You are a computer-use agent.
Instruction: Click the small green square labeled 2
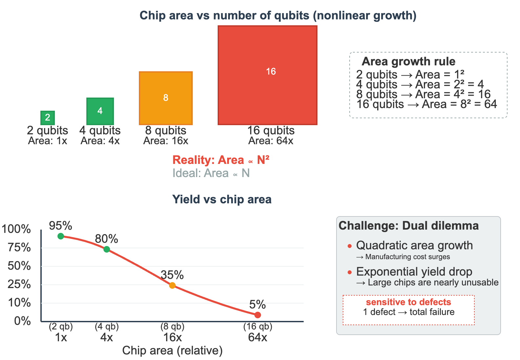48,117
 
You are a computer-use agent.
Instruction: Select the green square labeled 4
100,111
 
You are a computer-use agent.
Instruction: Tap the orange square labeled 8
166,98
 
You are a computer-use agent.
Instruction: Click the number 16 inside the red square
271,72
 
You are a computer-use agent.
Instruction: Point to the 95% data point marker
61,236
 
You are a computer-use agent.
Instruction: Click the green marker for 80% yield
107,249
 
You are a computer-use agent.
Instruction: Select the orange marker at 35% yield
172,285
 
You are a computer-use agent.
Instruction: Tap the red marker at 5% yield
258,315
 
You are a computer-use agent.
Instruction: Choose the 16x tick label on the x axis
172,337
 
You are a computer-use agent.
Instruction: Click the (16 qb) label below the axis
258,327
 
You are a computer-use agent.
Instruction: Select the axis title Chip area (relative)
172,350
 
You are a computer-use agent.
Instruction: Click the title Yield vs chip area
222,199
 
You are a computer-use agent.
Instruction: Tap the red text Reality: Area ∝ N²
221,160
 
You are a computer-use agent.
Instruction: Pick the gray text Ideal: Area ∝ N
211,173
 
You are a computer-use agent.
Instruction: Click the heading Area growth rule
408,61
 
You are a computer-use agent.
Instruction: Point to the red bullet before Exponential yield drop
350,272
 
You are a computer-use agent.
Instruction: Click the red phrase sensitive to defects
408,302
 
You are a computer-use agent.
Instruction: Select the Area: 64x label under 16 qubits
271,141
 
